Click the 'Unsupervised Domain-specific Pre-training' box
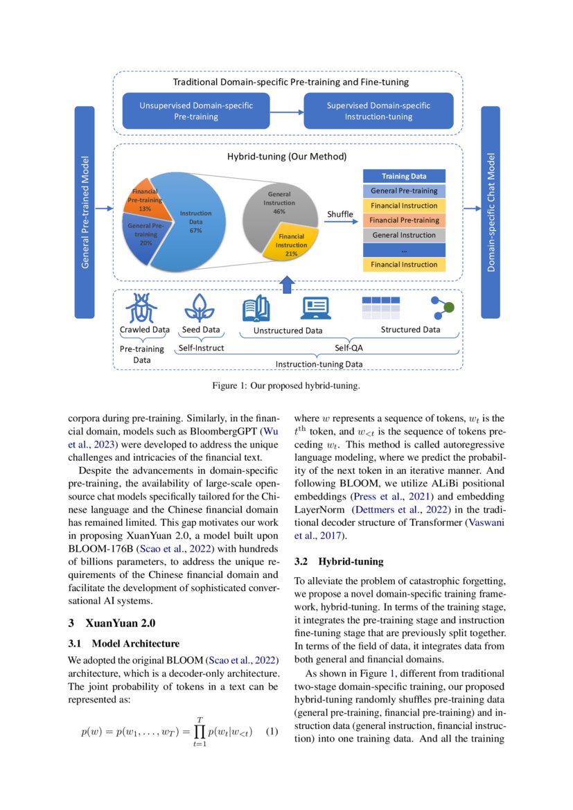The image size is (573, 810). (x=196, y=111)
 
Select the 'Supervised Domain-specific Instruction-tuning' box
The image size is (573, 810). (x=378, y=111)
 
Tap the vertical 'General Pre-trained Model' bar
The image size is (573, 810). (x=85, y=212)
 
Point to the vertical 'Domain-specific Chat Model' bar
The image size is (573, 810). (x=490, y=212)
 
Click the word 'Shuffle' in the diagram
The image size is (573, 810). (x=340, y=214)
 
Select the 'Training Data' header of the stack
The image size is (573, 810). (x=404, y=176)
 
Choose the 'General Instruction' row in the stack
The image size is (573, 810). (x=404, y=235)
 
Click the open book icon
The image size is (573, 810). (x=256, y=308)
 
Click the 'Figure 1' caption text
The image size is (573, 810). (x=285, y=385)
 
